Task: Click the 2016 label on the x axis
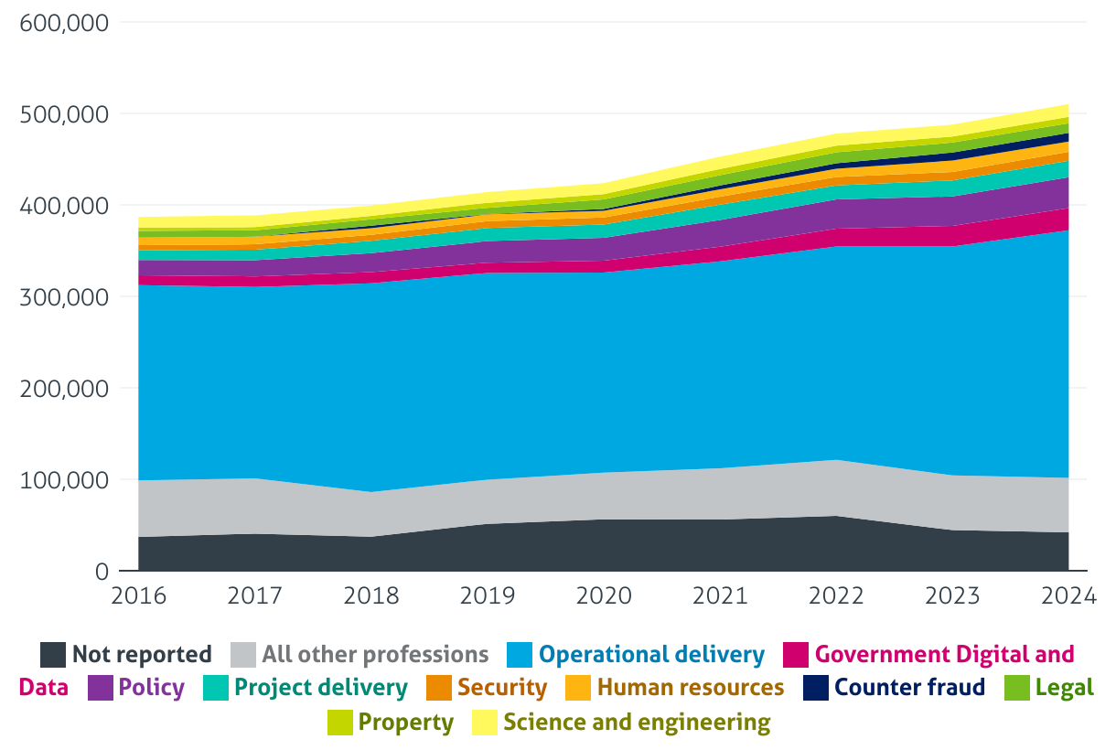pyautogui.click(x=138, y=595)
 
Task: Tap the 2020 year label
pyautogui.click(x=604, y=595)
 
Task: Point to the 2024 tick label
pyautogui.click(x=1068, y=595)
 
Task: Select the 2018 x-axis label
pyautogui.click(x=371, y=595)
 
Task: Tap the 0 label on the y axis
pyautogui.click(x=102, y=572)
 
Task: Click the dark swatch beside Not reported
pyautogui.click(x=53, y=655)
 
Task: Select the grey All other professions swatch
pyautogui.click(x=243, y=655)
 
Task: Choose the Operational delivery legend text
pyautogui.click(x=651, y=655)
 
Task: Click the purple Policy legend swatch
pyautogui.click(x=101, y=688)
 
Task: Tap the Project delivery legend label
pyautogui.click(x=321, y=688)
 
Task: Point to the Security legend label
pyautogui.click(x=502, y=688)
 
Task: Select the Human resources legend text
pyautogui.click(x=691, y=688)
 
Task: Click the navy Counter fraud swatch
pyautogui.click(x=816, y=688)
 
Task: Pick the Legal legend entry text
pyautogui.click(x=1065, y=688)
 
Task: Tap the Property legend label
pyautogui.click(x=406, y=723)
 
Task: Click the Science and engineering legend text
pyautogui.click(x=638, y=723)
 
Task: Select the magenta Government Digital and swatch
pyautogui.click(x=797, y=655)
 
